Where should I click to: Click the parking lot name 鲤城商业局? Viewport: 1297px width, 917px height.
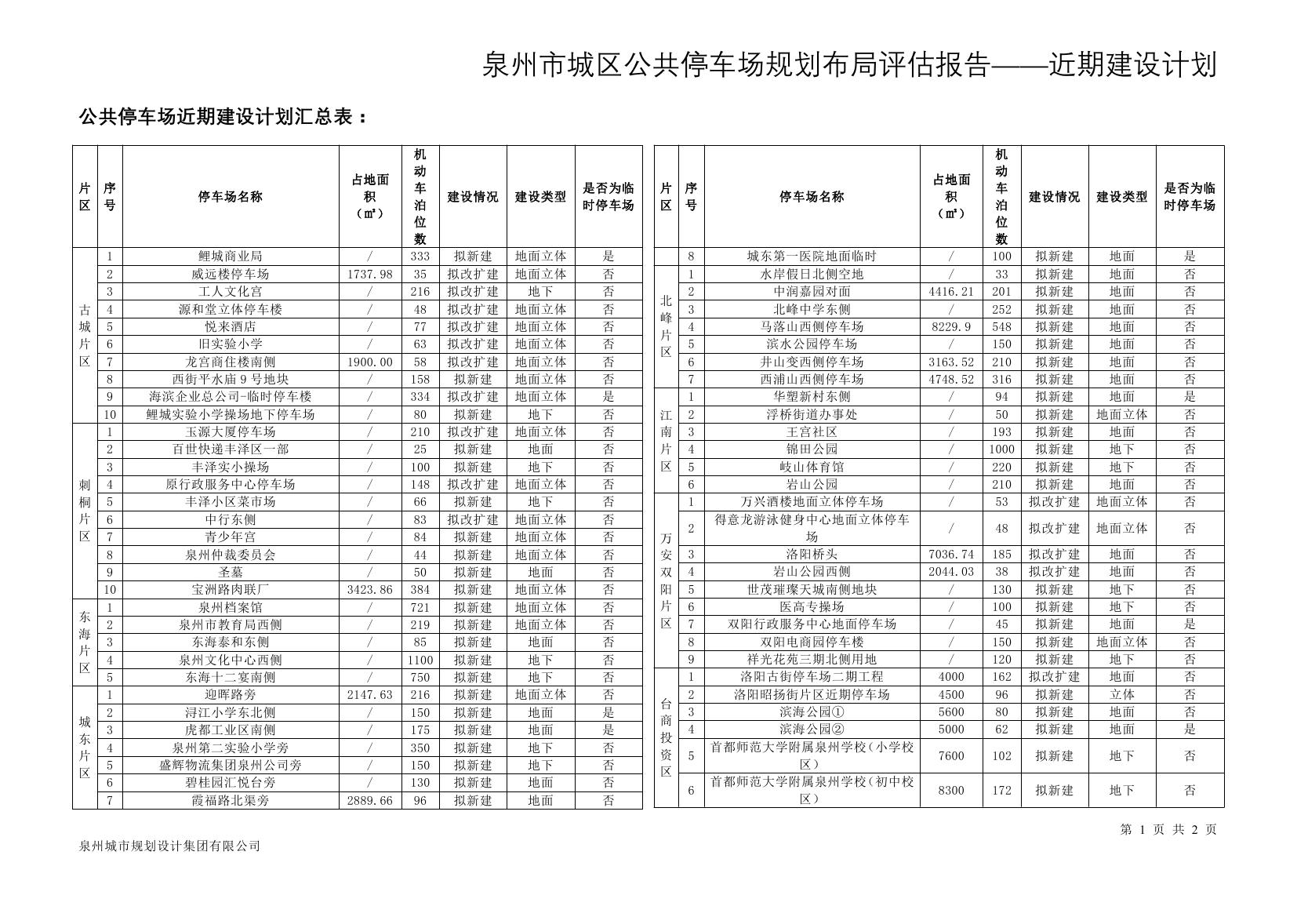click(x=231, y=257)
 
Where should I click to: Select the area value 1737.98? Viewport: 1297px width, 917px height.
click(x=369, y=275)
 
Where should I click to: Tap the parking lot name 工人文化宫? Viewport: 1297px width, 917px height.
click(x=231, y=292)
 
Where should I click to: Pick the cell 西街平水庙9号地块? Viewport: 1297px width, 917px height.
click(x=231, y=380)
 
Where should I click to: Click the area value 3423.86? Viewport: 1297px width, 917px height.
click(x=369, y=590)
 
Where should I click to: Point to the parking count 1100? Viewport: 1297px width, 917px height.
click(x=420, y=660)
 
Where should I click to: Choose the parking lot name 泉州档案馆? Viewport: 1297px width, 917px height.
click(x=231, y=607)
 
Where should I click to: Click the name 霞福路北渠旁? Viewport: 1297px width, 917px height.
click(x=231, y=801)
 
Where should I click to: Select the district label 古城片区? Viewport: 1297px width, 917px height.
click(x=85, y=336)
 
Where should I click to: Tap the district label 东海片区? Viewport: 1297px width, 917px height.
click(x=85, y=642)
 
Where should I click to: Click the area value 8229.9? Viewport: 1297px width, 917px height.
click(x=951, y=327)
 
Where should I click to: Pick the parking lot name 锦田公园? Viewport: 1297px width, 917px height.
click(x=812, y=449)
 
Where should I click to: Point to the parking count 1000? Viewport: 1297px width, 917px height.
click(x=1001, y=449)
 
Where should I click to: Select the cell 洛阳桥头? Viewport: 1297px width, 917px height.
click(x=812, y=555)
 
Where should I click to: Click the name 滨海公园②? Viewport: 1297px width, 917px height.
click(x=812, y=730)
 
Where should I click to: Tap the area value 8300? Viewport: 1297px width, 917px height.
click(x=951, y=791)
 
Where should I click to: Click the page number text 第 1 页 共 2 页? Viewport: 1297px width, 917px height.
click(x=1168, y=830)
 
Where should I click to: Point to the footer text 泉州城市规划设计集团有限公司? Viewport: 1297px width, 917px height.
click(x=169, y=846)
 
